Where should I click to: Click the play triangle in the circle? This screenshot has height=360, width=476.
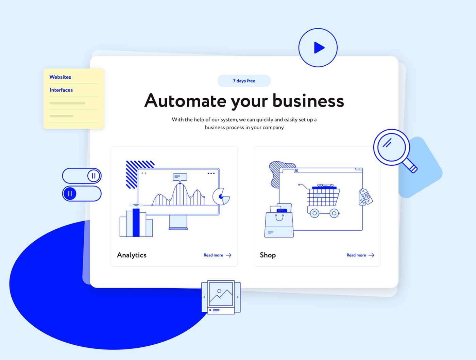pos(319,48)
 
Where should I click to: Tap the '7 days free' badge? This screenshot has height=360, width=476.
pos(244,81)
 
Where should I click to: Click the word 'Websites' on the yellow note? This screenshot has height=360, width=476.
pos(60,77)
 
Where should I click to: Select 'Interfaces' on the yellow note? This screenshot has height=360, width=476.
pos(61,90)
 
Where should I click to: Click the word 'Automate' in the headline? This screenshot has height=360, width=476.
pos(185,101)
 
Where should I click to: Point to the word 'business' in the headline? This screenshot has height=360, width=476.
pos(308,101)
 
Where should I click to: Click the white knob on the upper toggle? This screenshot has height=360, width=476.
pos(94,176)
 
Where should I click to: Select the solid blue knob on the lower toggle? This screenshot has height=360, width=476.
pos(70,193)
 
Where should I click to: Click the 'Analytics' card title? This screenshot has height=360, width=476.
pos(132,255)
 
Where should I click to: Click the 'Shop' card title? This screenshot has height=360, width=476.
pos(268,255)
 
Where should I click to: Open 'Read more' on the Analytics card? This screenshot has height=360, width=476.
pos(213,255)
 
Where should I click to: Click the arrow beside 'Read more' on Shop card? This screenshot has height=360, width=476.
pos(372,255)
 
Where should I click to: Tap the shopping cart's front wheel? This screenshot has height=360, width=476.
pos(314,213)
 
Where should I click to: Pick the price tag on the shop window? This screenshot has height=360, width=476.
pos(365,197)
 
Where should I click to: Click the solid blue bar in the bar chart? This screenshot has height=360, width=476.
pos(136,223)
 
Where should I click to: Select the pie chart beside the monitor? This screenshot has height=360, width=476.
pos(221,196)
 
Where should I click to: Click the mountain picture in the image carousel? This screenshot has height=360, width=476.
pos(221,294)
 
